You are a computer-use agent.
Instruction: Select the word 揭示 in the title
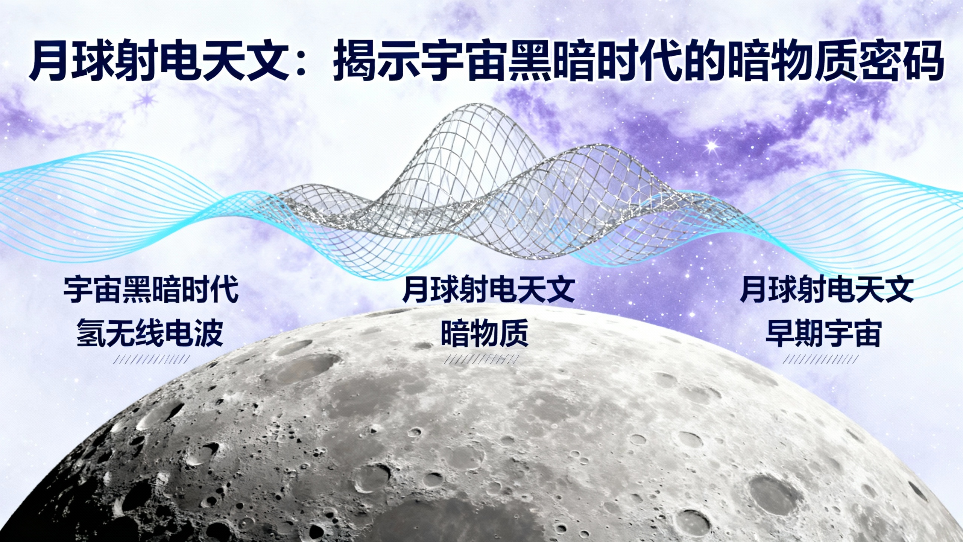pyautogui.click(x=380, y=61)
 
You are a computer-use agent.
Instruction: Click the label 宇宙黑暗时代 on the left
pyautogui.click(x=151, y=291)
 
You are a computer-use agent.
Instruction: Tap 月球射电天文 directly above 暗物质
pyautogui.click(x=488, y=291)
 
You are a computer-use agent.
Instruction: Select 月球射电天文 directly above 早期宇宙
pyautogui.click(x=826, y=291)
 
